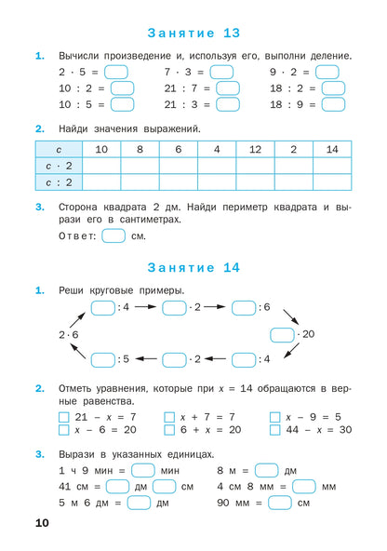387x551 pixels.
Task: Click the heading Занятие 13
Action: point(193,33)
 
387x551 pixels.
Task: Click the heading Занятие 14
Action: point(193,267)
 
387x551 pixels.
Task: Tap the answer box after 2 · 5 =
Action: point(116,72)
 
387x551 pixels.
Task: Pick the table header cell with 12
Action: point(254,149)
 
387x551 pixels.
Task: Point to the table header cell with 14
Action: point(331,149)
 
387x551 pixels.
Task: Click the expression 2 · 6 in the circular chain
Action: point(70,333)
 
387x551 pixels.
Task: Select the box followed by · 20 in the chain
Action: point(283,333)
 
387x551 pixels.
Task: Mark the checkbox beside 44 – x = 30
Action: point(274,430)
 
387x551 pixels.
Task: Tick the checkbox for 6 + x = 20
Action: point(169,430)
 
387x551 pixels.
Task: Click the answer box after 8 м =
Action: point(266,470)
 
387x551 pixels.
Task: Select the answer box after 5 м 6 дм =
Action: point(139,503)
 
